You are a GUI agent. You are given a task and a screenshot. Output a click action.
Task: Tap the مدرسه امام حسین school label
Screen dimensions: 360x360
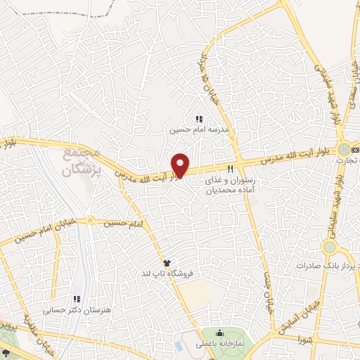click(198, 130)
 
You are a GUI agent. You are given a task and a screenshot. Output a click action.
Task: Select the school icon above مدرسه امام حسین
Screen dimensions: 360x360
click(198, 120)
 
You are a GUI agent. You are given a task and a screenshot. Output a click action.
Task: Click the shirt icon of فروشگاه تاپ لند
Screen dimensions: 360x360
click(167, 262)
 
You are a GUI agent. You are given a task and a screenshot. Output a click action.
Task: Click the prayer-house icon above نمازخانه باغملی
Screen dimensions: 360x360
click(219, 333)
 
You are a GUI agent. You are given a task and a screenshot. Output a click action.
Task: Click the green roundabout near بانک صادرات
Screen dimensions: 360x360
click(329, 247)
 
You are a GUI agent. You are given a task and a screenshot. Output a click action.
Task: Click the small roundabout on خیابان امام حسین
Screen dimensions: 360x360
click(90, 220)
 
